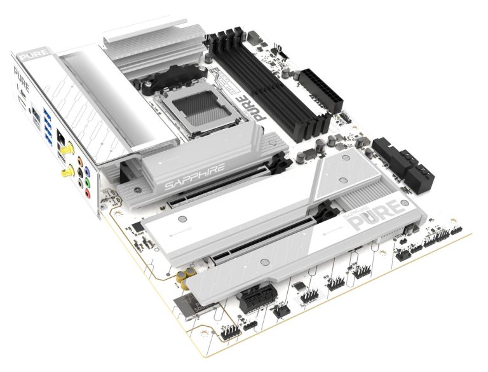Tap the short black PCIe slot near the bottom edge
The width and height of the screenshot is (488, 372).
point(258,294)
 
